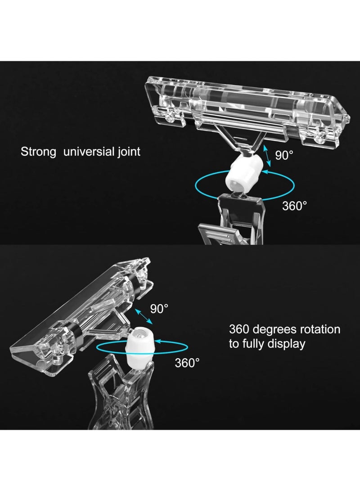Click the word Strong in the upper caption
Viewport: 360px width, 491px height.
[x=39, y=152]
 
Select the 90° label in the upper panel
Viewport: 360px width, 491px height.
[x=284, y=155]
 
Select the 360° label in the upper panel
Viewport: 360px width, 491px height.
[x=295, y=206]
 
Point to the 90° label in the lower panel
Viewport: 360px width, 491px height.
[x=159, y=308]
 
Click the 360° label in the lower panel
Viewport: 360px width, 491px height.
[x=187, y=363]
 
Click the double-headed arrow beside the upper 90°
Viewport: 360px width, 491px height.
[x=267, y=155]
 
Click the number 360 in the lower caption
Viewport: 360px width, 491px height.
[x=239, y=329]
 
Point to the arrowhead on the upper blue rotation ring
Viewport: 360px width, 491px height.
[x=265, y=171]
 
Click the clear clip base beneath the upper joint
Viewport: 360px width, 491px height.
[x=232, y=219]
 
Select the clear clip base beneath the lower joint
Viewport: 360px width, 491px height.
[x=121, y=395]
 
